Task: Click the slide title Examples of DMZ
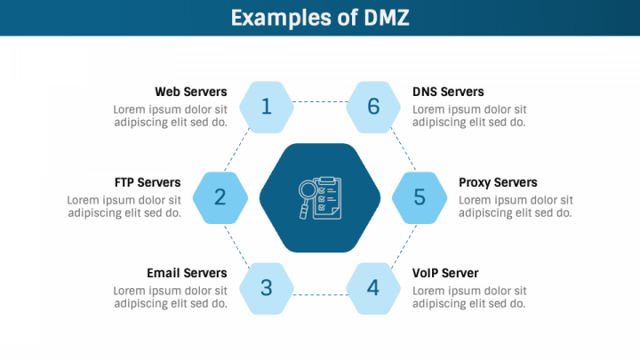320,17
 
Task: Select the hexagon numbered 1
267,107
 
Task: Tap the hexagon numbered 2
220,197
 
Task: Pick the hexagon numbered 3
267,287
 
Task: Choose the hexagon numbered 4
373,287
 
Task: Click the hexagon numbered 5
420,197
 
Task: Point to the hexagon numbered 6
373,107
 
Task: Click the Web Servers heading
190,92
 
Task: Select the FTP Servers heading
148,182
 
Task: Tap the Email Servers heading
187,273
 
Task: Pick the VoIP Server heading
445,273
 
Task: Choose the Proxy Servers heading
498,182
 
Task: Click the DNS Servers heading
448,92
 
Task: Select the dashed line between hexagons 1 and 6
320,101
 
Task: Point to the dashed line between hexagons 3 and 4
320,293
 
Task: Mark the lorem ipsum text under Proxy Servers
516,206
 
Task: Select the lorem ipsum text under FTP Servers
124,206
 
